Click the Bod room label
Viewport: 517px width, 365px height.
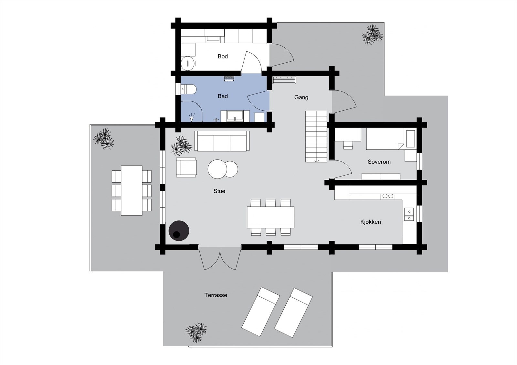tap(223, 56)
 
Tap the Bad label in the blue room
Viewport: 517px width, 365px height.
tap(223, 96)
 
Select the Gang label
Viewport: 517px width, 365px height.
tap(301, 97)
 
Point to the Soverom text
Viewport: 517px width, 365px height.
tap(379, 162)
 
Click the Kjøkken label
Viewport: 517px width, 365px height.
tap(370, 222)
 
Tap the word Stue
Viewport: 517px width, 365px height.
tap(219, 191)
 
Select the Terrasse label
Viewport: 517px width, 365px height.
tap(216, 295)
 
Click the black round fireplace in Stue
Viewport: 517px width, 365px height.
tap(179, 230)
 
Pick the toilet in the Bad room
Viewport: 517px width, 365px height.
tap(188, 89)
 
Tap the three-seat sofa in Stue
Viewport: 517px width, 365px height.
tap(222, 141)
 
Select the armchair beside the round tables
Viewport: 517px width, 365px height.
tap(186, 167)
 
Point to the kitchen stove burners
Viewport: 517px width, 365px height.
tap(388, 196)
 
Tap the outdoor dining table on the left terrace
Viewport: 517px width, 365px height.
tap(132, 190)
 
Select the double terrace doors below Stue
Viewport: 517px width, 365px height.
tap(220, 258)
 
